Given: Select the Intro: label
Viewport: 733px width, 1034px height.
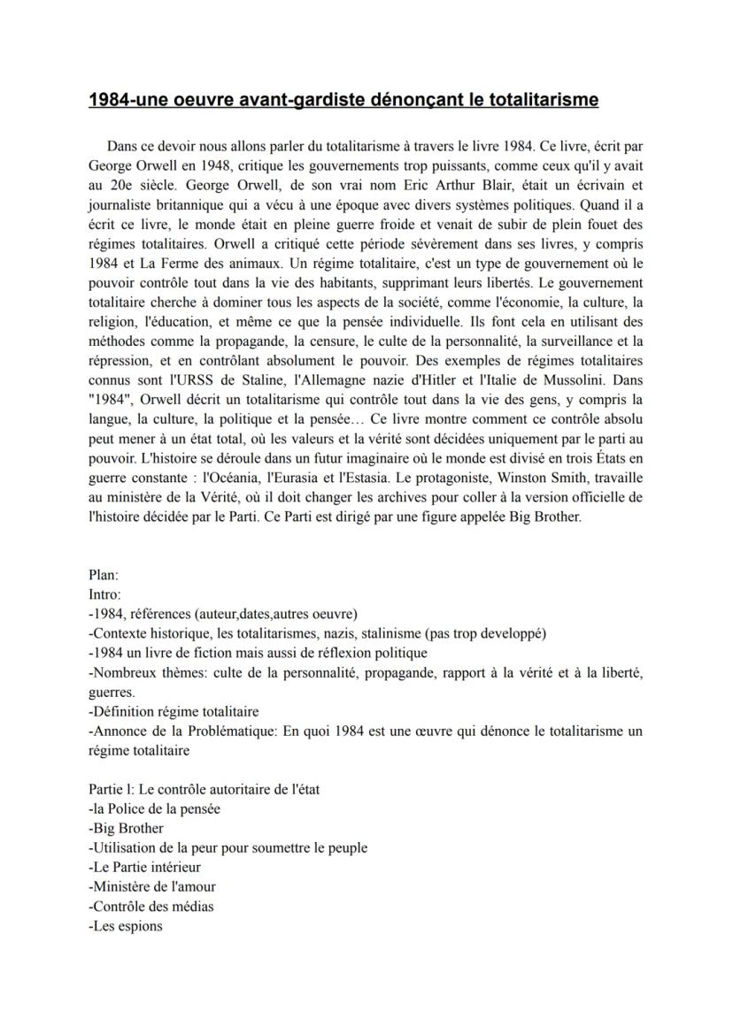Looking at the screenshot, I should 105,594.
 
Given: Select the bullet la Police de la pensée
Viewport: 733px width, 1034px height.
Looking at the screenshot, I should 155,808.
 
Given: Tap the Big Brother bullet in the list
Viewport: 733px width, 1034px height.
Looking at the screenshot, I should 127,828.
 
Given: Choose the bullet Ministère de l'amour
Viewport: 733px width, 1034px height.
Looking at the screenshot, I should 152,886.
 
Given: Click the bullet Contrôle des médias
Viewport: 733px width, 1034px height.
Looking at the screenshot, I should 151,906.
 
